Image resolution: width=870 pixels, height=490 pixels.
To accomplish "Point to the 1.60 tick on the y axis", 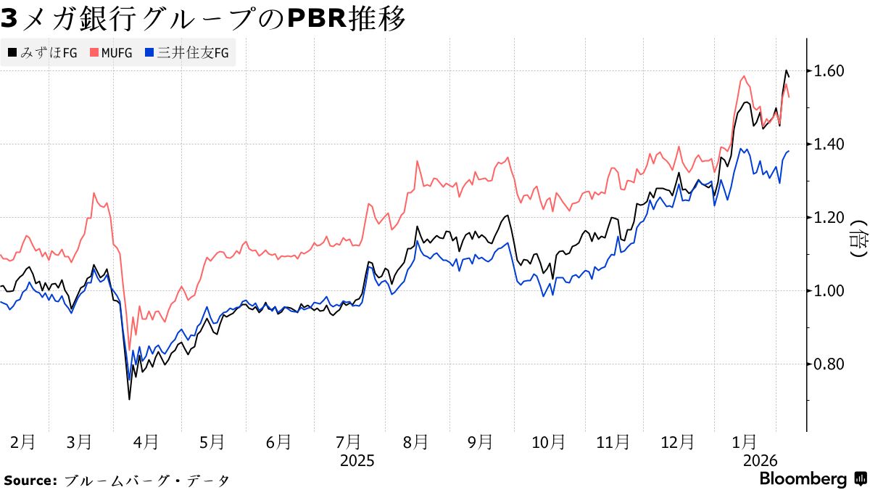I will pyautogui.click(x=829, y=71).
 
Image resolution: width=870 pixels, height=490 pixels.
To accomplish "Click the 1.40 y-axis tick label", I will pyautogui.click(x=829, y=144).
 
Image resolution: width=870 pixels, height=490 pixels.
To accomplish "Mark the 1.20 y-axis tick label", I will pyautogui.click(x=829, y=218).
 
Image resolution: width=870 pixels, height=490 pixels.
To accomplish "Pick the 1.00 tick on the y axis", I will pyautogui.click(x=829, y=291).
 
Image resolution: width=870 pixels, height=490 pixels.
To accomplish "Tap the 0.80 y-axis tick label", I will pyautogui.click(x=829, y=364).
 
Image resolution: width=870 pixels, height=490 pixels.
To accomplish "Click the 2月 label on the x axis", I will pyautogui.click(x=23, y=441).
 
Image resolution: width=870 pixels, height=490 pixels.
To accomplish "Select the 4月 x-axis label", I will pyautogui.click(x=146, y=441).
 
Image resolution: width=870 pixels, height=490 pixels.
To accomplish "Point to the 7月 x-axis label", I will pyautogui.click(x=349, y=441).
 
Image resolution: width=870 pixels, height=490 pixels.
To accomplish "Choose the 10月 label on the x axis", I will pyautogui.click(x=549, y=441).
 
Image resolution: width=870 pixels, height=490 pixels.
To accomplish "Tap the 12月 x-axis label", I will pyautogui.click(x=678, y=441).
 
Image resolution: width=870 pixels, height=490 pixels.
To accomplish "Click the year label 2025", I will pyautogui.click(x=357, y=461).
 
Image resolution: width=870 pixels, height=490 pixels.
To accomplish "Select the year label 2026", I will pyautogui.click(x=760, y=461).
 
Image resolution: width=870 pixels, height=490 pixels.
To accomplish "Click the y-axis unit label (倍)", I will pyautogui.click(x=858, y=239).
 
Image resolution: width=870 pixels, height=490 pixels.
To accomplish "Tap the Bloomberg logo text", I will pyautogui.click(x=803, y=479).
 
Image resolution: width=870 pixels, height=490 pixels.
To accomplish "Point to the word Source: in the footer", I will pyautogui.click(x=30, y=481).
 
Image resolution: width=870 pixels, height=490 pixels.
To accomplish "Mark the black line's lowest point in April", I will pyautogui.click(x=129, y=399).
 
